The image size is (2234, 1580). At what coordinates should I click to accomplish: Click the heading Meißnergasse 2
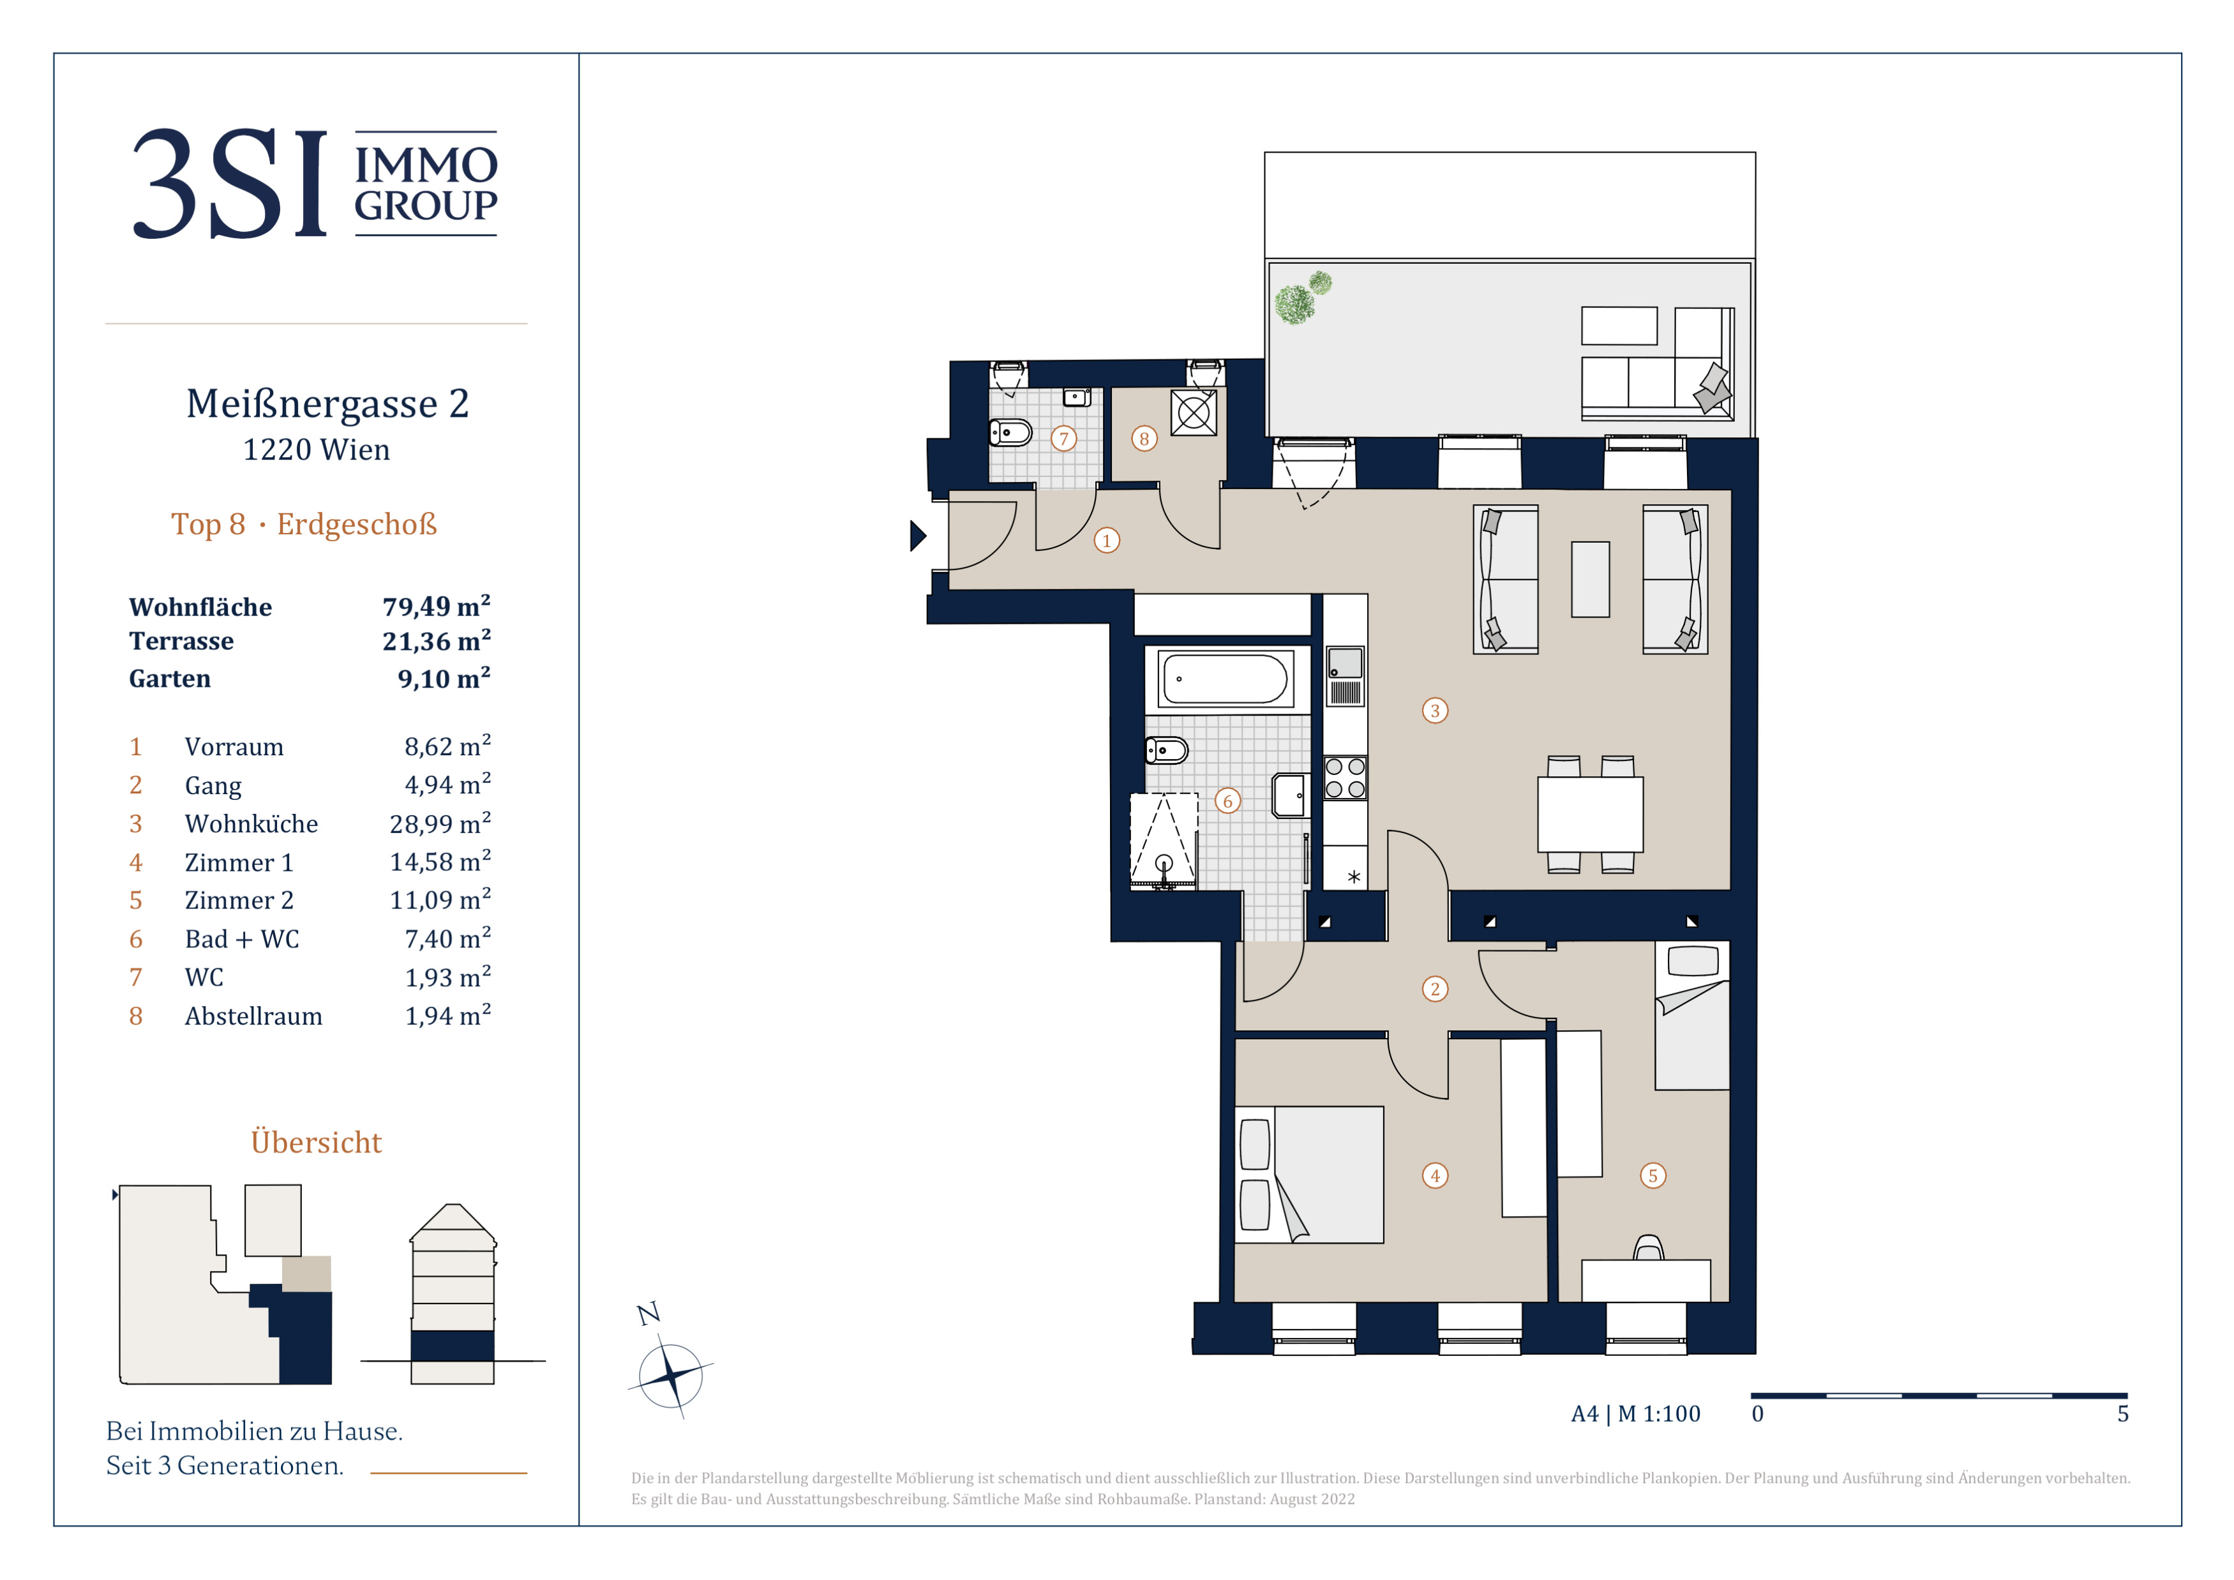click(328, 403)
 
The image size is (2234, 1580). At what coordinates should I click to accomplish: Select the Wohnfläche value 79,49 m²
click(436, 606)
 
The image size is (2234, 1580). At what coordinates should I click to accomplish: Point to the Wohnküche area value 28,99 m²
click(440, 823)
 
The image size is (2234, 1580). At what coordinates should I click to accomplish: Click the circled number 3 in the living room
click(1434, 711)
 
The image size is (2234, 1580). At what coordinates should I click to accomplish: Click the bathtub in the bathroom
click(1225, 678)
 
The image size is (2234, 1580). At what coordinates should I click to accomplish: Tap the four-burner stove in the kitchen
click(1345, 778)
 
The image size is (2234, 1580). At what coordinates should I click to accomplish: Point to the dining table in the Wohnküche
click(1590, 815)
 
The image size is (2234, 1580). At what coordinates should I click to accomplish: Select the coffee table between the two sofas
click(1590, 579)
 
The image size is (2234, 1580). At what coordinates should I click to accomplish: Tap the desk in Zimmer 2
click(1646, 1281)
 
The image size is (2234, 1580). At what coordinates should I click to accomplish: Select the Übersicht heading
click(316, 1142)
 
